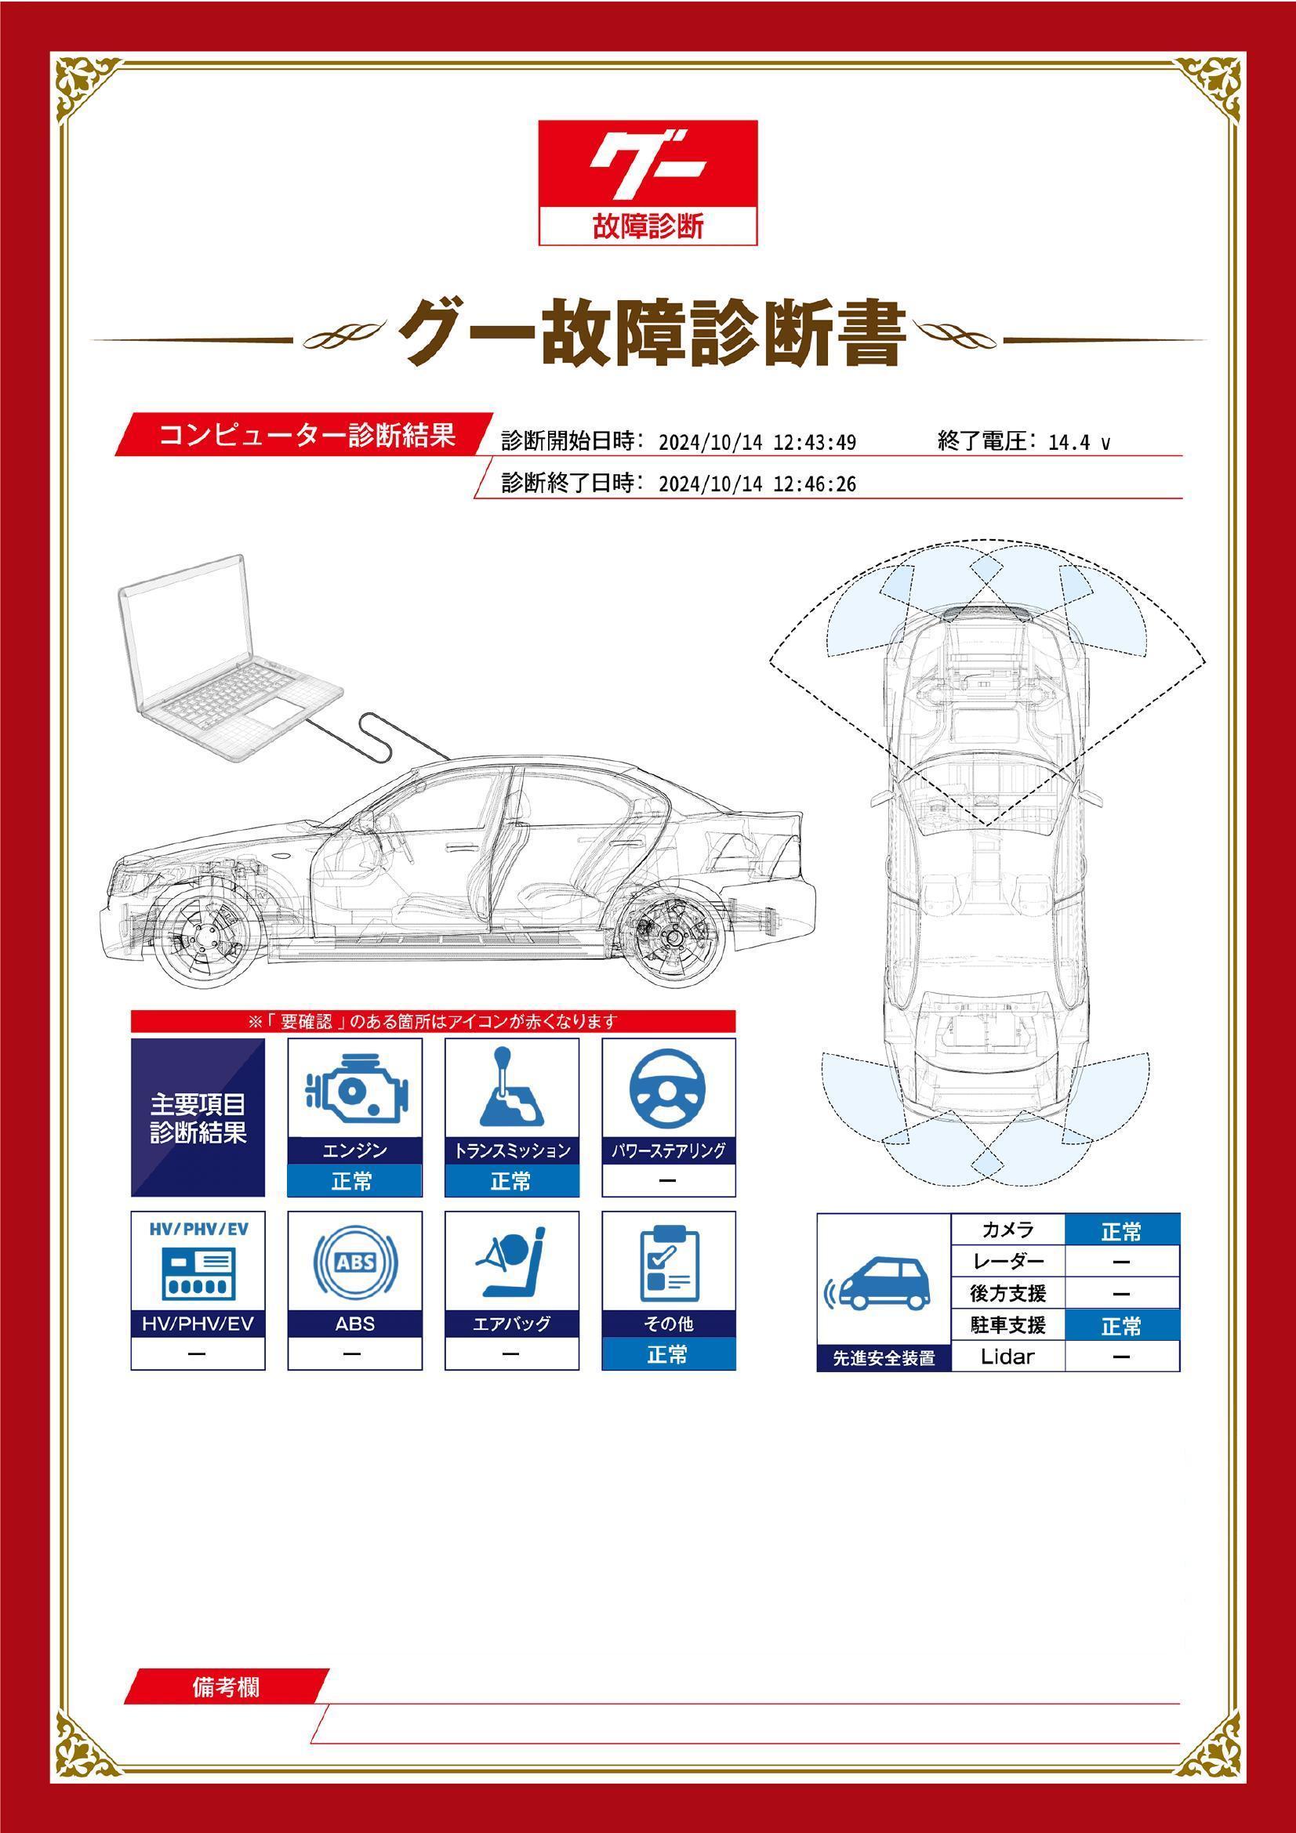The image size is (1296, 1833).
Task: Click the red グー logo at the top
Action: coord(648,183)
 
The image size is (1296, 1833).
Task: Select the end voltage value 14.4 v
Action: coord(1079,442)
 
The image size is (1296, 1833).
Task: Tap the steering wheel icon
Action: coord(668,1088)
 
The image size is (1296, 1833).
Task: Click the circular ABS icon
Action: coord(355,1262)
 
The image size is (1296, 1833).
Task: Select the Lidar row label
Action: coord(1007,1357)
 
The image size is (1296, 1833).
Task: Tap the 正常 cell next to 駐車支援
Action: coord(1122,1326)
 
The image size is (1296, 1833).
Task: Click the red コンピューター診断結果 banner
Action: coord(306,435)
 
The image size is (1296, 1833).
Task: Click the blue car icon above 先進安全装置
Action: coord(881,1286)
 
